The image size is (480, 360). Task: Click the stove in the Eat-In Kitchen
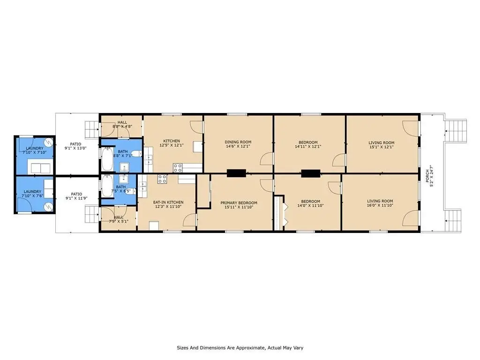(162, 179)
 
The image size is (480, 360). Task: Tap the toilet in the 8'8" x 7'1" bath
(136, 154)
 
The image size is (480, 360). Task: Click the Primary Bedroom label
(239, 202)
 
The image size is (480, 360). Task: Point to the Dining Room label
(238, 142)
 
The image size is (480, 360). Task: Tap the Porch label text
(427, 176)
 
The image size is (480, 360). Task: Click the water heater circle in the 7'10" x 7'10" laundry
(48, 142)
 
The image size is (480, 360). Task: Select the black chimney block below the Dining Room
(236, 173)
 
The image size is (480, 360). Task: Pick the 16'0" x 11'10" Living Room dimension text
(380, 205)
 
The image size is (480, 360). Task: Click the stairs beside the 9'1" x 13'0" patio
(91, 129)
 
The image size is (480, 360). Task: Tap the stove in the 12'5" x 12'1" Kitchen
(178, 168)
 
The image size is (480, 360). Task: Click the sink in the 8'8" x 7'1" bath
(124, 167)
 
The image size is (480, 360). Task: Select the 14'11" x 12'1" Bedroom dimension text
(308, 147)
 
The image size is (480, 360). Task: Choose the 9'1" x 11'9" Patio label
(76, 196)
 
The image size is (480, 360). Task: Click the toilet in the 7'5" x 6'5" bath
(130, 192)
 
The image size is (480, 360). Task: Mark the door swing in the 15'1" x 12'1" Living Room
(410, 128)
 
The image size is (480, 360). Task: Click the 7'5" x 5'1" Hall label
(119, 219)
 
